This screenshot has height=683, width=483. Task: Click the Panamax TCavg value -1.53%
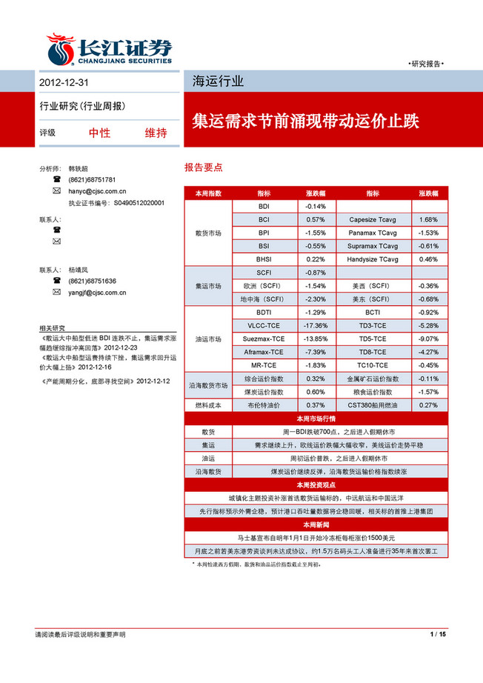pos(428,233)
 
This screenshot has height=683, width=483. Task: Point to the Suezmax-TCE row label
pos(264,339)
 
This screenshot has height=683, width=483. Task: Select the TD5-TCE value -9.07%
pos(428,339)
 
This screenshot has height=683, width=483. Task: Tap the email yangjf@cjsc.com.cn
pos(97,293)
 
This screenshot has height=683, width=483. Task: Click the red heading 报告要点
pos(204,168)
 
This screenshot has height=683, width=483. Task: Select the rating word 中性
pos(99,133)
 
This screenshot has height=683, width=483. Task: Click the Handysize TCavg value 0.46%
pos(428,259)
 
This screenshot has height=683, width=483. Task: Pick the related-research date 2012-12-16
pos(92,366)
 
